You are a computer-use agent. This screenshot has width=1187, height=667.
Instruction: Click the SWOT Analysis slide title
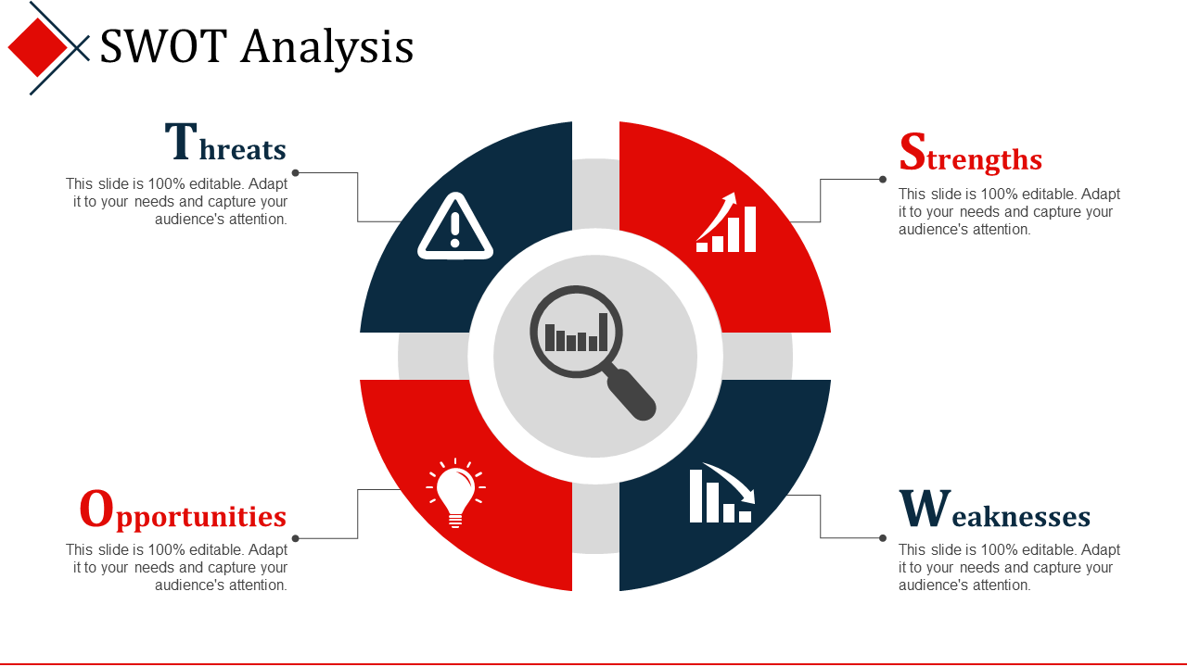pyautogui.click(x=257, y=47)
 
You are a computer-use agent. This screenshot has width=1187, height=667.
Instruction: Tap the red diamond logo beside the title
pyautogui.click(x=38, y=47)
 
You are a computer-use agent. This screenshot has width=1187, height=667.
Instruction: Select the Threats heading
pyautogui.click(x=225, y=142)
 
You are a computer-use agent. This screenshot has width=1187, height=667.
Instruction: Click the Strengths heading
pyautogui.click(x=971, y=153)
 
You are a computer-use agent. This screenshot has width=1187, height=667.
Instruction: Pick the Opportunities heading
pyautogui.click(x=183, y=510)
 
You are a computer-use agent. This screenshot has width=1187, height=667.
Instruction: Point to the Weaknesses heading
pyautogui.click(x=995, y=509)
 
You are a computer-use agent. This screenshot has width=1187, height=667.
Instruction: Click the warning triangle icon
pyautogui.click(x=455, y=227)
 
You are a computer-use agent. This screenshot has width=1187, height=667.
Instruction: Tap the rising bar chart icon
pyautogui.click(x=726, y=222)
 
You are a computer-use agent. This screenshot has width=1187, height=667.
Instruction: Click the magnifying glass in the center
pyautogui.click(x=593, y=352)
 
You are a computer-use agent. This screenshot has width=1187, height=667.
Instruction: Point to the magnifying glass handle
pyautogui.click(x=632, y=395)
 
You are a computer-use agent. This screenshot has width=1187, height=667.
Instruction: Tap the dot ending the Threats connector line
pyautogui.click(x=296, y=172)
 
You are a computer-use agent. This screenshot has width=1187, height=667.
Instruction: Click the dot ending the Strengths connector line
pyautogui.click(x=882, y=180)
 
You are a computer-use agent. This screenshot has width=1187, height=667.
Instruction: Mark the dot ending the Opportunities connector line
pyautogui.click(x=296, y=538)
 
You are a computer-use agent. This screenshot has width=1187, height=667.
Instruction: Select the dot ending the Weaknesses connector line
pyautogui.click(x=882, y=538)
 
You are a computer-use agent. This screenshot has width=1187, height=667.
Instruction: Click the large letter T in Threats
pyautogui.click(x=181, y=141)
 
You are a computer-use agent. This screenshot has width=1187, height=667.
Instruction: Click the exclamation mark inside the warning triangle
pyautogui.click(x=454, y=230)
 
